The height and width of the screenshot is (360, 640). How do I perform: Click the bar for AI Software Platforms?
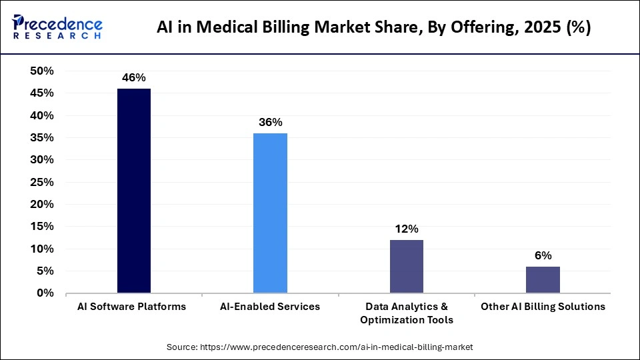coord(134,191)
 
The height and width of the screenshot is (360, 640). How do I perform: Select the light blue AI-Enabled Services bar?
coord(270,213)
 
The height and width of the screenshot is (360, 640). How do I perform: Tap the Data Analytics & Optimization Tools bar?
coord(406,266)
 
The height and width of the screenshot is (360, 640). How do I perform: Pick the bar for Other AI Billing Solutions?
coord(543,279)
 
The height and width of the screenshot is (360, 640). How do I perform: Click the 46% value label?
coord(134,78)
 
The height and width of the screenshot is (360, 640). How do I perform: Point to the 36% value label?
coord(270,123)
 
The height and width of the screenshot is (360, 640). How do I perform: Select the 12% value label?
coord(406,229)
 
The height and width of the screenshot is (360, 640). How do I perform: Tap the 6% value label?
coord(543,255)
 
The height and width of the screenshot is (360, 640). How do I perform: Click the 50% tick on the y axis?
coord(42,71)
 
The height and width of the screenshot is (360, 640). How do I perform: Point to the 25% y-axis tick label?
coord(42,182)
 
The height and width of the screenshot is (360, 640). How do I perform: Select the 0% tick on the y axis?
coord(45,293)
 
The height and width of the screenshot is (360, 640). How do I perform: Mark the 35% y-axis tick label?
coord(42,138)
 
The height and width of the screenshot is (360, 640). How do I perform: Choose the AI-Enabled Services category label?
coord(270,307)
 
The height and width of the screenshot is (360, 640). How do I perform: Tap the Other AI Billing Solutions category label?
coord(543,307)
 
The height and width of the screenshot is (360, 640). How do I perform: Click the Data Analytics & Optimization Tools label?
coord(406,313)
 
